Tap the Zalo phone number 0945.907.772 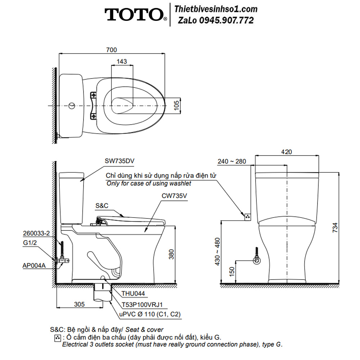point(226,21)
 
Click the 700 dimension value point(112,50)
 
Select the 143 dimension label point(122,62)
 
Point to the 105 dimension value point(176,105)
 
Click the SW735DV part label point(120,161)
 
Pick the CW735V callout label point(174,196)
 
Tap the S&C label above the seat point(102,206)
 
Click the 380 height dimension point(171,255)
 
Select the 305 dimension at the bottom point(80,304)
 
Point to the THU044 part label point(133,293)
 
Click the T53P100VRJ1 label point(142,305)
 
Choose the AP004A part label point(34,266)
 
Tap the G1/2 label point(30,243)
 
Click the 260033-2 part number point(36,233)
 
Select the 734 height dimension point(335,228)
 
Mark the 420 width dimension point(287,152)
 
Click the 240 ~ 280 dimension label point(232,161)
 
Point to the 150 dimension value point(232,271)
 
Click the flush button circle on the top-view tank point(72,105)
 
